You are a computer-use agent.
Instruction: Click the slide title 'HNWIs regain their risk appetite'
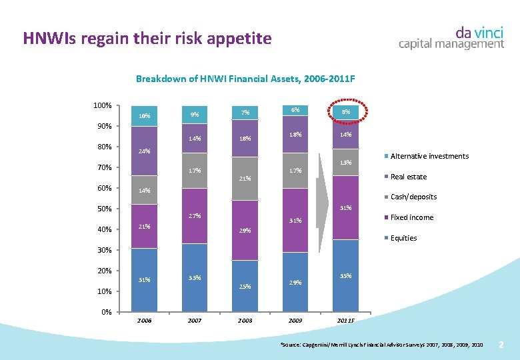[147, 38]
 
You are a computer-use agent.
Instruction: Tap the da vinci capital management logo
[451, 38]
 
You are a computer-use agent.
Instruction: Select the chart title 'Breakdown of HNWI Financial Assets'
[245, 79]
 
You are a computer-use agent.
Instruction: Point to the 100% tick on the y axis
[102, 106]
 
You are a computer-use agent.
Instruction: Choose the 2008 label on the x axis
[245, 321]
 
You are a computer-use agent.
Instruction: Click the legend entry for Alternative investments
[429, 156]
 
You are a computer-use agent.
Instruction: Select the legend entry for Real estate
[408, 177]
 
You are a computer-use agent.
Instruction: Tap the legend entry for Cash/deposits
[413, 197]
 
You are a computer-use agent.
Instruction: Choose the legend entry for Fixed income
[411, 217]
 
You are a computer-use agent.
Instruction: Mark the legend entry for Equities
[403, 238]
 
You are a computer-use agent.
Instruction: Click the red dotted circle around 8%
[346, 113]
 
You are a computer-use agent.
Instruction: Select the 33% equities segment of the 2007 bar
[195, 277]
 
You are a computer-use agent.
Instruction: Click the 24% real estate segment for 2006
[144, 151]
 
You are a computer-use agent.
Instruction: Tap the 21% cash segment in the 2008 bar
[245, 179]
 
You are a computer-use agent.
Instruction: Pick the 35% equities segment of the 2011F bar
[345, 275]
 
